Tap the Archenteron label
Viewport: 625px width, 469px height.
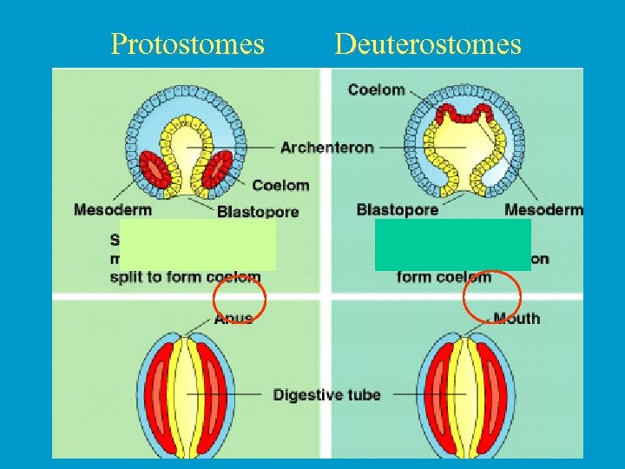[x=327, y=148]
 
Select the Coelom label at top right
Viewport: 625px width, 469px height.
[x=376, y=89]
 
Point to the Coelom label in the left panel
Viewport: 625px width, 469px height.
[x=280, y=185]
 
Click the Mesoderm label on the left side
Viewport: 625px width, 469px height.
[x=113, y=209]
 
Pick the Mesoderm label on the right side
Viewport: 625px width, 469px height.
[x=543, y=209]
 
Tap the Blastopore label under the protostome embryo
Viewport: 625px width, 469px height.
[x=258, y=211]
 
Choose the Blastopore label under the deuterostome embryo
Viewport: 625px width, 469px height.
[x=397, y=209]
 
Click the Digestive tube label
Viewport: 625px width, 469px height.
[x=327, y=395]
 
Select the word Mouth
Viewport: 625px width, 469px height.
[x=516, y=318]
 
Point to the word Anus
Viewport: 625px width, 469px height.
[x=234, y=319]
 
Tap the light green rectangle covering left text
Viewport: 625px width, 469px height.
[x=197, y=244]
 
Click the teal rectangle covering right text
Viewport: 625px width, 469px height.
[x=452, y=244]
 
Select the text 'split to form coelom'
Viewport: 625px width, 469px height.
[x=185, y=277]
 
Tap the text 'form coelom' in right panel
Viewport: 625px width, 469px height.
[x=444, y=277]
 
